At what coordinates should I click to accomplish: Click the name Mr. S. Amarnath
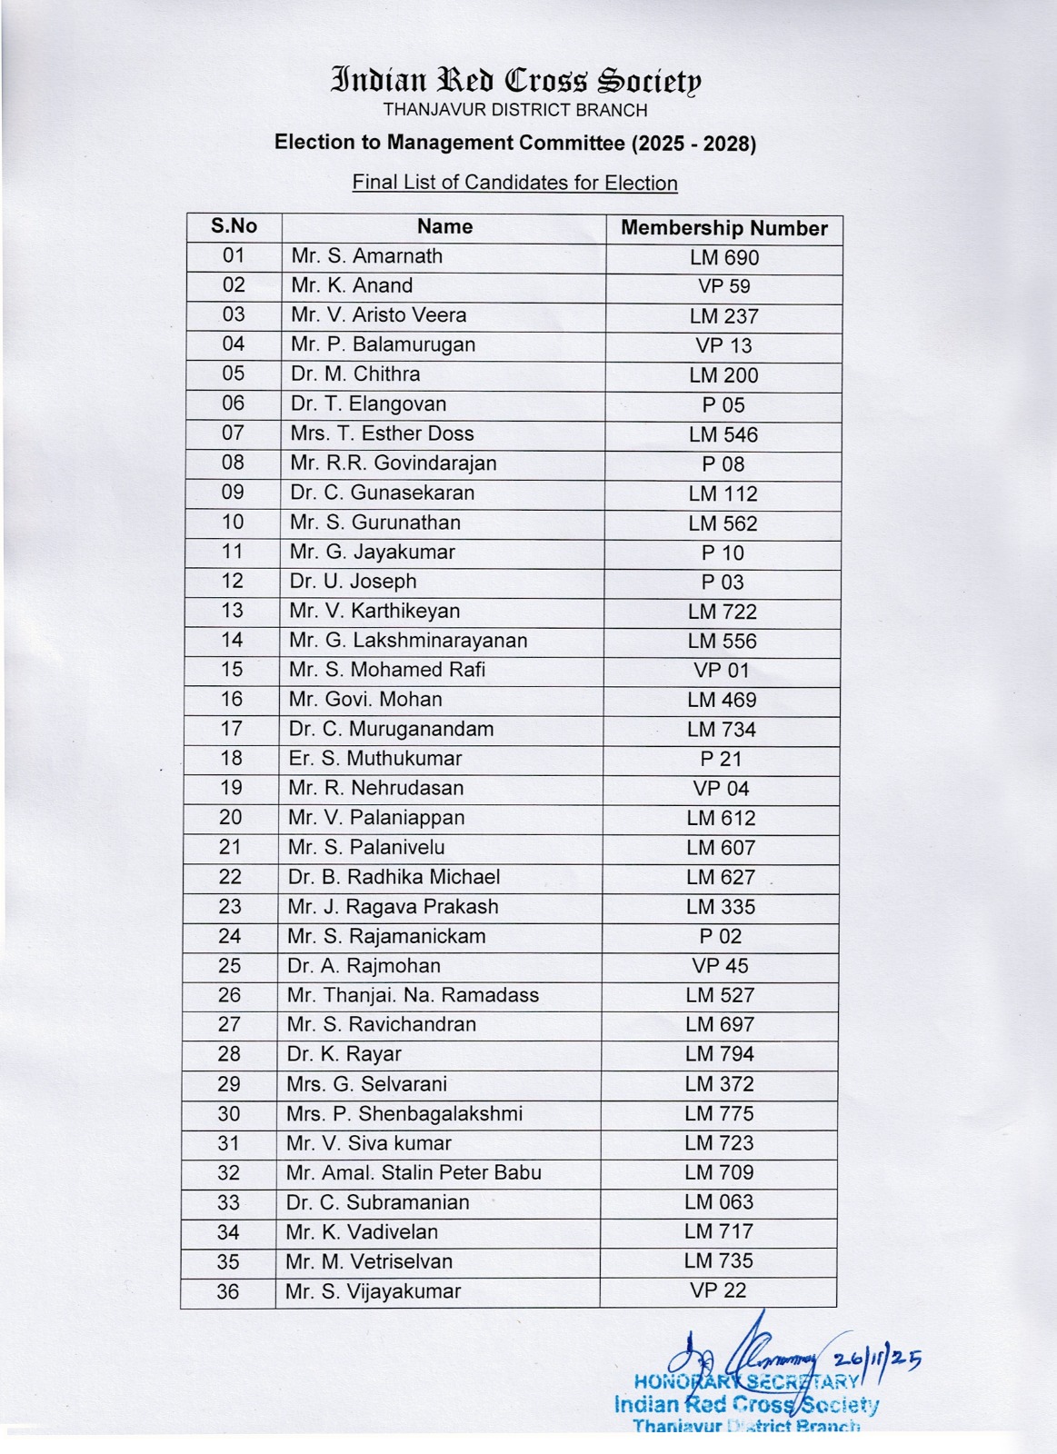pyautogui.click(x=366, y=256)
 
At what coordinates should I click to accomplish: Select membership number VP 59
pyautogui.click(x=723, y=286)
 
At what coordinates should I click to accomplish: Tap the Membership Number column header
pyautogui.click(x=723, y=228)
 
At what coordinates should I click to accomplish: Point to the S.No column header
pyautogui.click(x=234, y=226)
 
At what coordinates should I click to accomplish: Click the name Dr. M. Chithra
pyautogui.click(x=355, y=374)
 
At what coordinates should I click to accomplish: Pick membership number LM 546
pyautogui.click(x=723, y=434)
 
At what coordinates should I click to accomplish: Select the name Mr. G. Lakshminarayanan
pyautogui.click(x=408, y=641)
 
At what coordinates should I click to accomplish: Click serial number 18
pyautogui.click(x=232, y=759)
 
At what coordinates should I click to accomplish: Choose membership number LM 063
pyautogui.click(x=719, y=1202)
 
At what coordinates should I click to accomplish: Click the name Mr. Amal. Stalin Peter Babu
pyautogui.click(x=414, y=1173)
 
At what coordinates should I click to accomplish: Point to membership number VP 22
pyautogui.click(x=718, y=1290)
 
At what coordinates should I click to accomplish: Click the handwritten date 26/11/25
pyautogui.click(x=876, y=1359)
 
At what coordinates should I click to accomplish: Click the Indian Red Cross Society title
pyautogui.click(x=516, y=81)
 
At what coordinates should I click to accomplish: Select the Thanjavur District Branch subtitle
pyautogui.click(x=515, y=111)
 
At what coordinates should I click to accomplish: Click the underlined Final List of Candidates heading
pyautogui.click(x=514, y=183)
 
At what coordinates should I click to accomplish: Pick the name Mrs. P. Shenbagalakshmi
pyautogui.click(x=404, y=1114)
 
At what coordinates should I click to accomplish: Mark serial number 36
pyautogui.click(x=228, y=1291)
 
